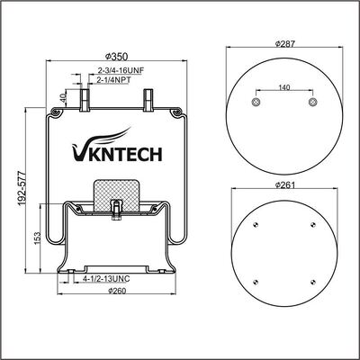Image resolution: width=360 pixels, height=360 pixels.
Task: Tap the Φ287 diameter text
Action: (x=284, y=44)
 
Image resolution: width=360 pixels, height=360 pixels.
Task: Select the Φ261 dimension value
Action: (x=284, y=184)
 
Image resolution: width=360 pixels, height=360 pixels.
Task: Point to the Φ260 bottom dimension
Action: (x=116, y=290)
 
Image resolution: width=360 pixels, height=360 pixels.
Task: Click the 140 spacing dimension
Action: (x=284, y=87)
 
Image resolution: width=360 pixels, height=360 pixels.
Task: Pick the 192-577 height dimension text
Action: (x=22, y=189)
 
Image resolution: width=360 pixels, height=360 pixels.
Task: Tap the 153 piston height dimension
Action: (x=37, y=238)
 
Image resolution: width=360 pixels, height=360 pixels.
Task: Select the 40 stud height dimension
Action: (x=63, y=98)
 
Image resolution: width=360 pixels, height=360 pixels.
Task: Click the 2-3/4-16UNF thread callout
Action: (x=121, y=71)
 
